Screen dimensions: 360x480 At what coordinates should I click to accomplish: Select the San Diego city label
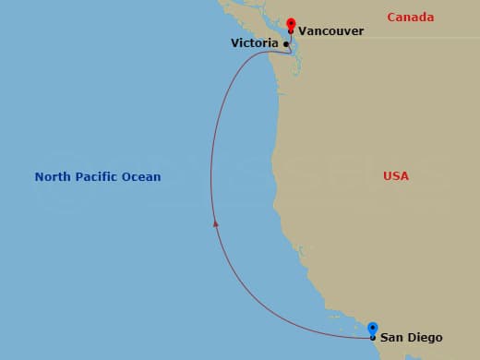pos(411,338)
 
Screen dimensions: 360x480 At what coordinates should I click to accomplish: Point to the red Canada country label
pos(410,18)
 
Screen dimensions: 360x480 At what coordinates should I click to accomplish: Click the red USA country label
pos(396,175)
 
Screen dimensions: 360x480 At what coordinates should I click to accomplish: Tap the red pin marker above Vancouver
pos(291,22)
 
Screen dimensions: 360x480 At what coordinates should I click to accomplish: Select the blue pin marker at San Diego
pos(372,328)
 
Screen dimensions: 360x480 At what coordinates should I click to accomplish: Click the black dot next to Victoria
pos(286,43)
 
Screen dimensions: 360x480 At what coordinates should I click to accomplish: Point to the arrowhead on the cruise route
pos(215,222)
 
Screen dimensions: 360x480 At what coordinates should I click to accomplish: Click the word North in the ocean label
pos(54,177)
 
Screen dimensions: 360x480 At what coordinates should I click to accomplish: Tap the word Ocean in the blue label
pos(142,177)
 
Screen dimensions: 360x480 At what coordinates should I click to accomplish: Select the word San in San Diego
pos(391,338)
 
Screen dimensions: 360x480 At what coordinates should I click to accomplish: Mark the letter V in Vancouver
pos(302,31)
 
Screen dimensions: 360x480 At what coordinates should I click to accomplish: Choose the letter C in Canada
pos(391,18)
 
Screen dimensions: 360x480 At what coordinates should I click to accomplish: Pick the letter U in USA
pos(387,175)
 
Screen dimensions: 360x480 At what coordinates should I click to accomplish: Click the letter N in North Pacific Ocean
pos(39,177)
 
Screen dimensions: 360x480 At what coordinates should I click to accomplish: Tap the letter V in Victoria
pos(234,43)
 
